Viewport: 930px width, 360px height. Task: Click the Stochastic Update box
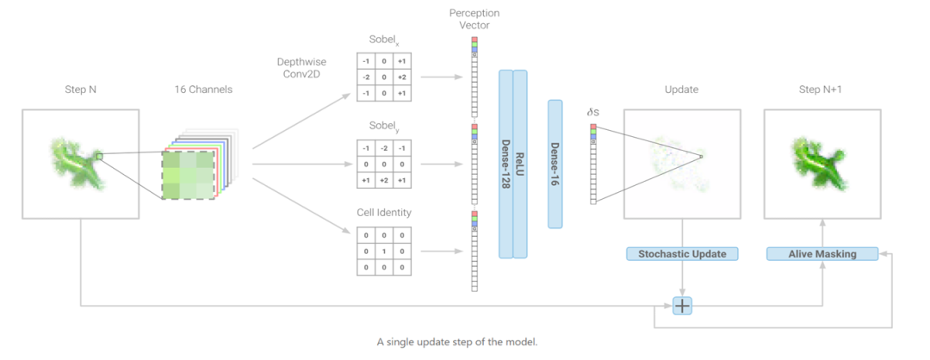[x=683, y=254]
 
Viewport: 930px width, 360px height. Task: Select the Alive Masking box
[x=822, y=254]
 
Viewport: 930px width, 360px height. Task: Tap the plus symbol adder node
[x=683, y=306]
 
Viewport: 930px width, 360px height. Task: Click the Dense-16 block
[x=555, y=164]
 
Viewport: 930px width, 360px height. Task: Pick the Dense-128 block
[x=506, y=164]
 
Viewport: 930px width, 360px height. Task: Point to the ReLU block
[x=520, y=164]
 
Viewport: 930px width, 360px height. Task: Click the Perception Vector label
[x=474, y=19]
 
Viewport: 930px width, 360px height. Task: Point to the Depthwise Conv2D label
[x=301, y=69]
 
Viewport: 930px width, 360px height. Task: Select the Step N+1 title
[x=822, y=90]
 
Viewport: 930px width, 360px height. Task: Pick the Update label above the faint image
[x=682, y=90]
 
